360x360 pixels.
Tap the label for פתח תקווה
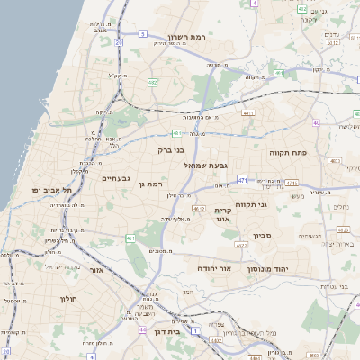[x=288, y=153]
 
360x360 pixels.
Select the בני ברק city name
[x=171, y=150]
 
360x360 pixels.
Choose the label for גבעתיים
[x=117, y=178]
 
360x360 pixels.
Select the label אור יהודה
[x=214, y=268]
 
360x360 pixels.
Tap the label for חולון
[x=69, y=298]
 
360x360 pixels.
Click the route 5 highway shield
[x=142, y=34]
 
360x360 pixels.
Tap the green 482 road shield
[x=152, y=83]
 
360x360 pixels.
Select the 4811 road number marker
[x=248, y=113]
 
